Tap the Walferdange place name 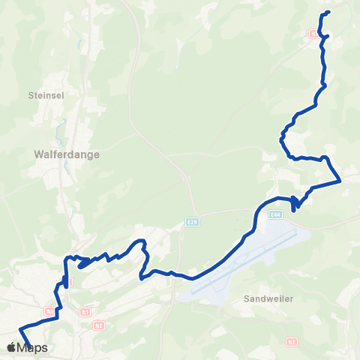pos(67,154)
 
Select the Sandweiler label pos(268,298)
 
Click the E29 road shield pos(193,222)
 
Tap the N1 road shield pos(85,311)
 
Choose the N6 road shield pos(49,310)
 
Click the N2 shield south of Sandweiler pos(291,342)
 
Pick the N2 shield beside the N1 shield pos(99,325)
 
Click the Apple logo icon pos(11,347)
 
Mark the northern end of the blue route pos(329,12)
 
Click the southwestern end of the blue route pos(28,346)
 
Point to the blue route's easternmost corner pos(340,180)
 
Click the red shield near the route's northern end pos(313,33)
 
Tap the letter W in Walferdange pos(39,154)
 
